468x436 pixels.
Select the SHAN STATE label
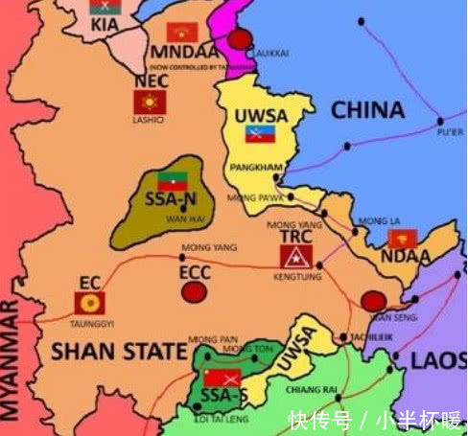(119, 352)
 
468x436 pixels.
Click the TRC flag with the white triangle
(292, 256)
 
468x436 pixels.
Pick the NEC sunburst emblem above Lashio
(149, 102)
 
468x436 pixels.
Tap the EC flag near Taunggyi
(89, 304)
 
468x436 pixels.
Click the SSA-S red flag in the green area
(222, 377)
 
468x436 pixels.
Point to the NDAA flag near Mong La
(401, 240)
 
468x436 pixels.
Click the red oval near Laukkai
(240, 39)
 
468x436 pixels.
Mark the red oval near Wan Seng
(374, 302)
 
